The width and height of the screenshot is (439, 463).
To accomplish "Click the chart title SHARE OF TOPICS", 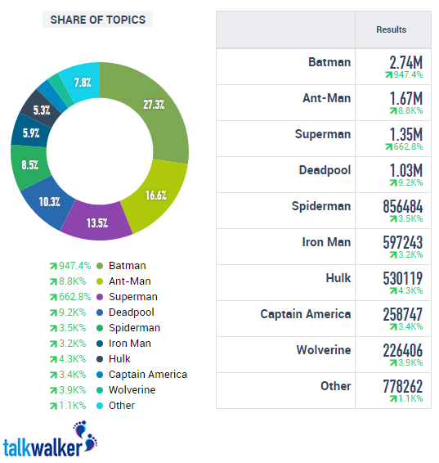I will [x=97, y=20].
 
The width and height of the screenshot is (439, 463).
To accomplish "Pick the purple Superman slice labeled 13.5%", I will [x=97, y=223].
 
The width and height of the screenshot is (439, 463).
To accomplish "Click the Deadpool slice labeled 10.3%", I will [x=49, y=201].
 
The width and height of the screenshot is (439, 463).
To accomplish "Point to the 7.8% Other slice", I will [x=82, y=82].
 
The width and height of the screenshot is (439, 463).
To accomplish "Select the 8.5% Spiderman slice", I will [x=29, y=164].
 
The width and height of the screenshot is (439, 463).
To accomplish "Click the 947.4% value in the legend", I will [x=71, y=266].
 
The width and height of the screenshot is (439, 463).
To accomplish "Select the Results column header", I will [x=391, y=29].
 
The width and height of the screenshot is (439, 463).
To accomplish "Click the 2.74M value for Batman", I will [x=405, y=62].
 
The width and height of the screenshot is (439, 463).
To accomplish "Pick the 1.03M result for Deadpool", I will [x=405, y=170].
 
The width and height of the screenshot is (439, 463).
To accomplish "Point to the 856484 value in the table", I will [x=402, y=206].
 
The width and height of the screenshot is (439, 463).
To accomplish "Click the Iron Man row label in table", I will [x=326, y=242].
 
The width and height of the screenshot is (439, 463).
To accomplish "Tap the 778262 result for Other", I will [x=402, y=386].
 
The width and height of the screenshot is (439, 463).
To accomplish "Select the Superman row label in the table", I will [x=322, y=134].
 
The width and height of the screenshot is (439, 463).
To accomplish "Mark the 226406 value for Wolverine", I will [x=402, y=350].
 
